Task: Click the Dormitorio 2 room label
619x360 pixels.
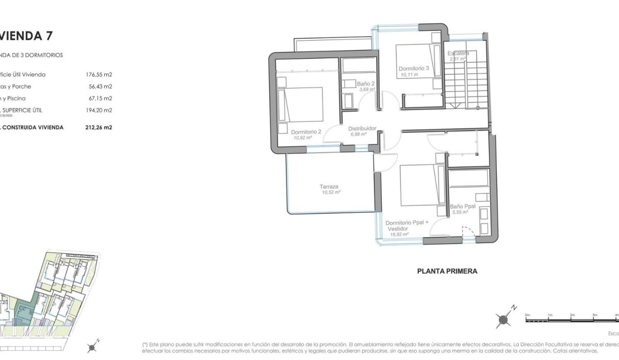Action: [306, 132]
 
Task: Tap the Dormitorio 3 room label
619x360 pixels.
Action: [413, 68]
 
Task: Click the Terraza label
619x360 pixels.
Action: [329, 187]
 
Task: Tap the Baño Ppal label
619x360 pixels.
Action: [460, 206]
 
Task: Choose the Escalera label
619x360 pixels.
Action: [458, 53]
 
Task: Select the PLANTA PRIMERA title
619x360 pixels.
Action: [447, 270]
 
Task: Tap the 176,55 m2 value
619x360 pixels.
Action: [99, 74]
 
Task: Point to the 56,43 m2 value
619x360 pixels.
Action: [101, 86]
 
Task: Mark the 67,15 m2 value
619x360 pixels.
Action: [101, 98]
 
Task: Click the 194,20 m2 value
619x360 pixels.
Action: [99, 110]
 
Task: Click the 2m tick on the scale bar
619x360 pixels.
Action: [572, 315]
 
